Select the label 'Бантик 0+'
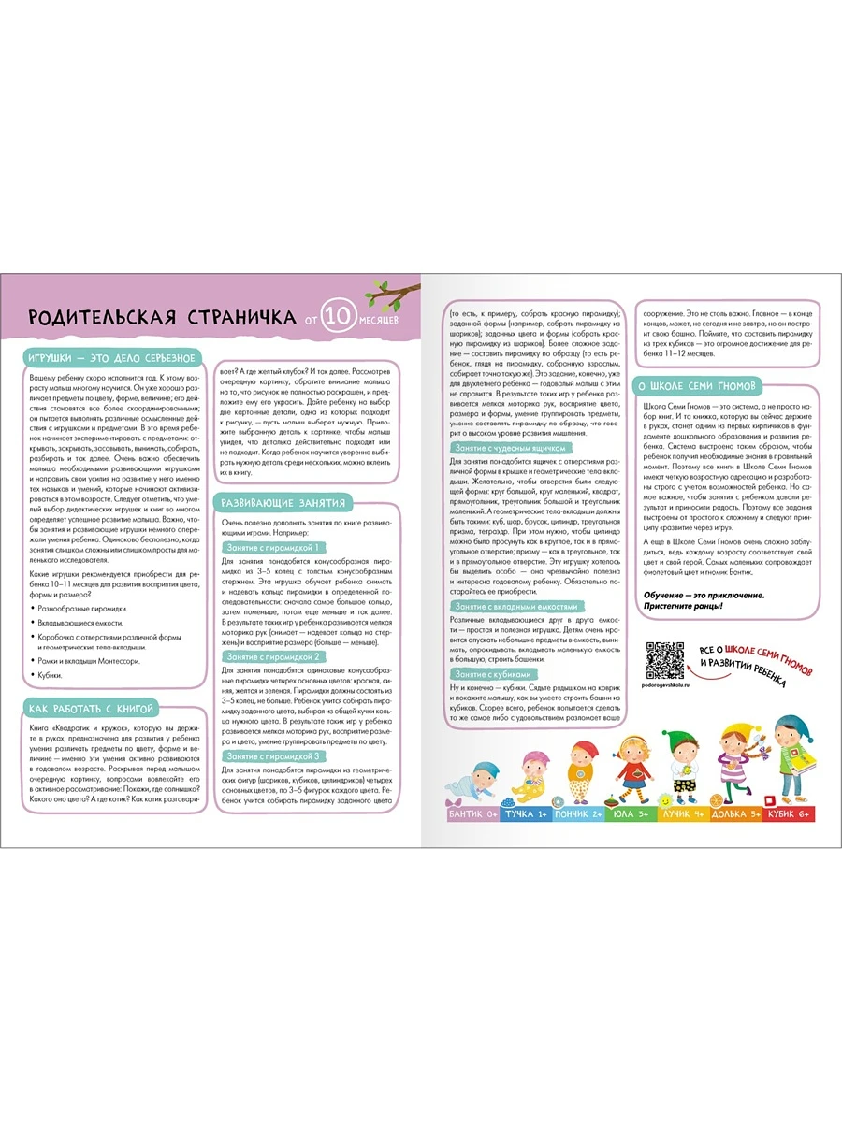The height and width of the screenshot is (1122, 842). click(x=474, y=814)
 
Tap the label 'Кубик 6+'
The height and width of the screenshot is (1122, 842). click(x=787, y=814)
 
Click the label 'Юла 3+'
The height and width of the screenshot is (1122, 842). click(x=631, y=814)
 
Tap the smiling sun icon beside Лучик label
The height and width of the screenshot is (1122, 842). click(x=660, y=803)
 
